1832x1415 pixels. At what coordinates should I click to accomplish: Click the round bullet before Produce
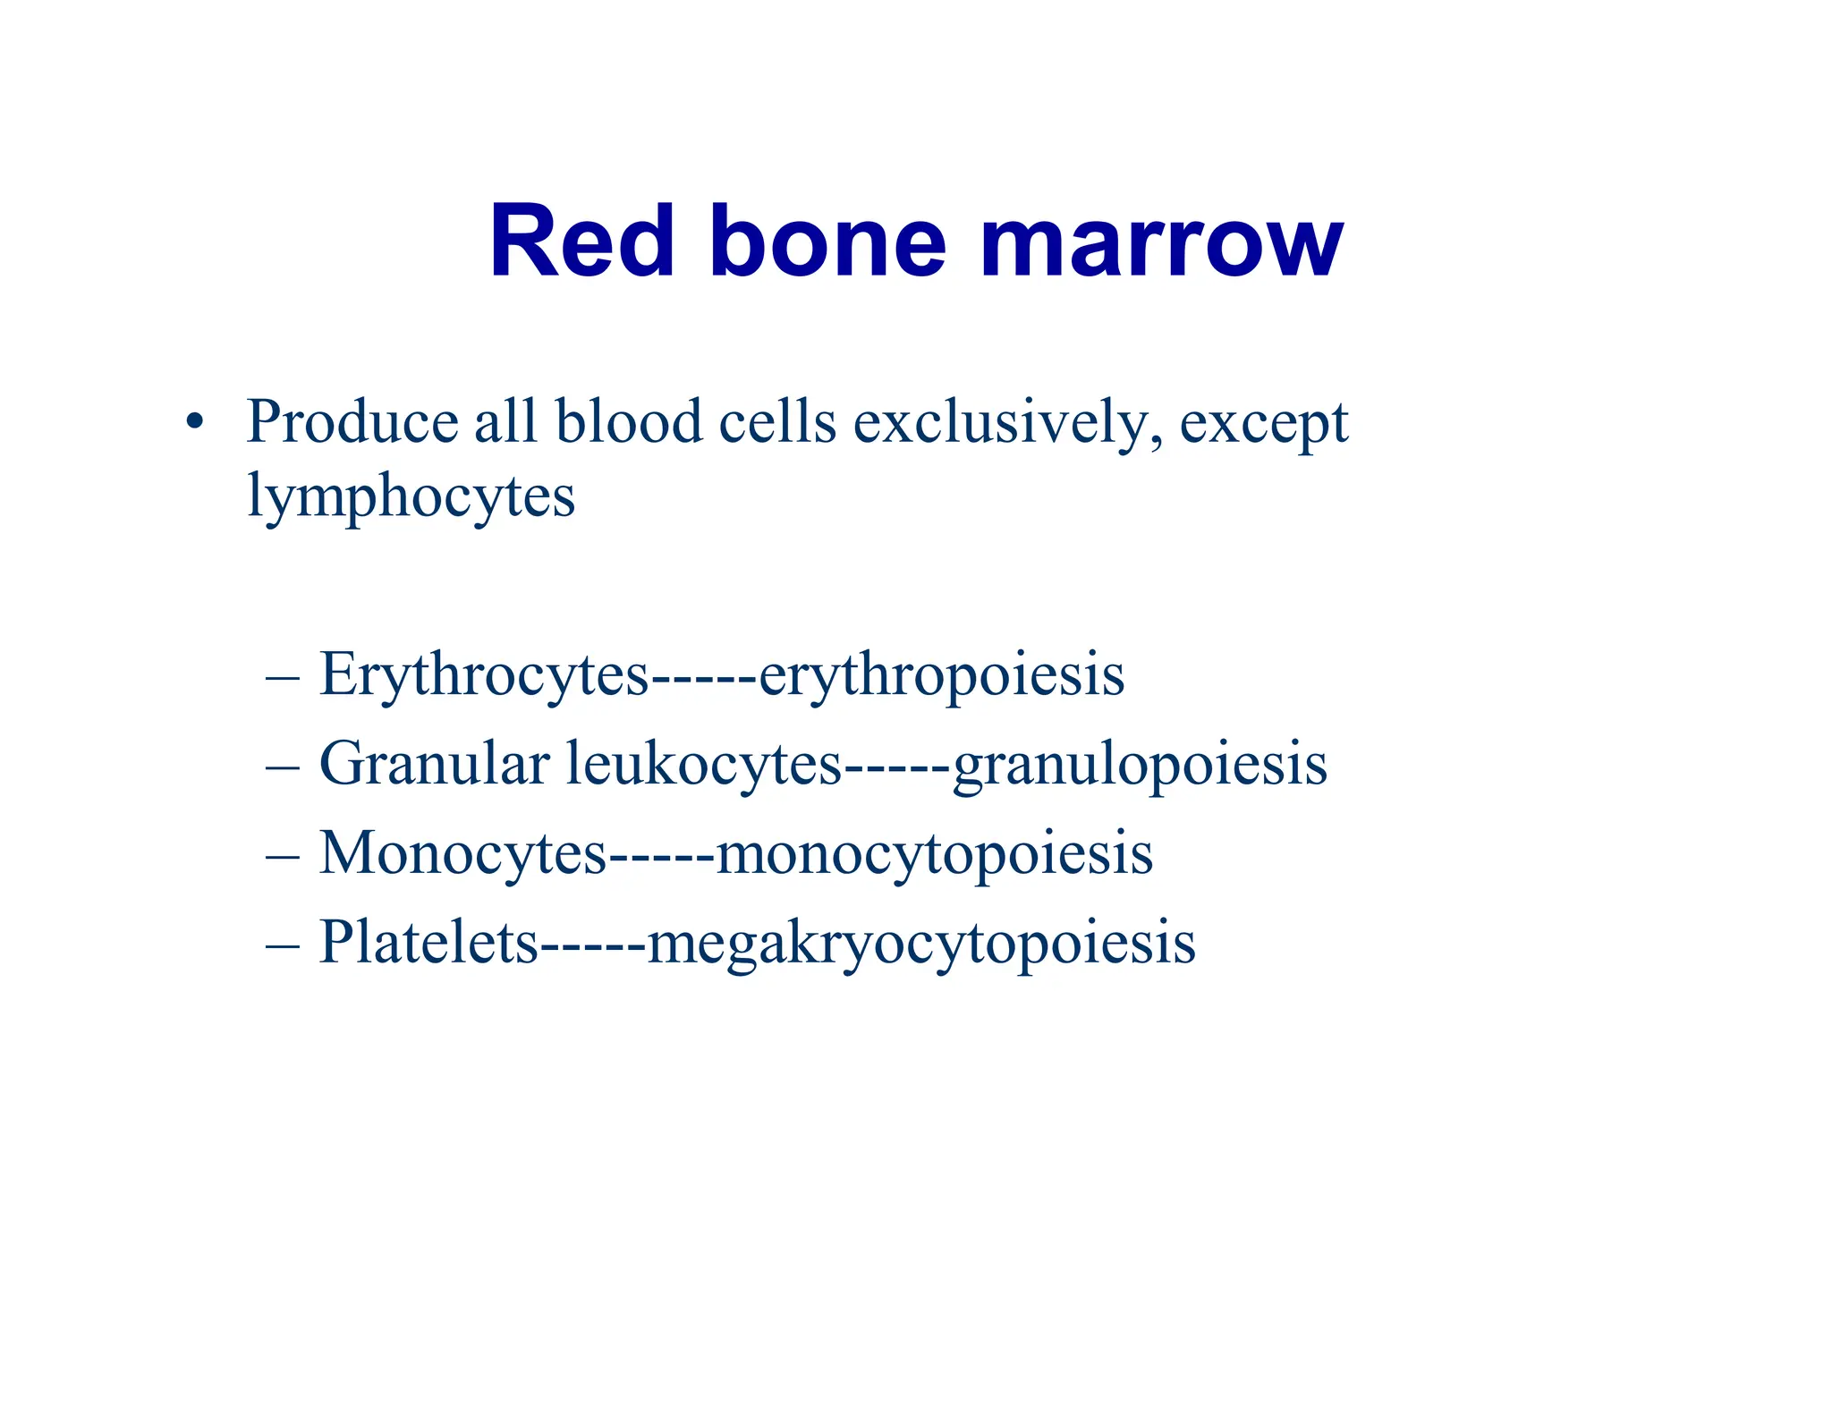194,421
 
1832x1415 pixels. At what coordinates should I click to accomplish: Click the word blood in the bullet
628,421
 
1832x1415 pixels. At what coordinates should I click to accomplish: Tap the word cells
777,421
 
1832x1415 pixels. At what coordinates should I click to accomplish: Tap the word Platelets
428,943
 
